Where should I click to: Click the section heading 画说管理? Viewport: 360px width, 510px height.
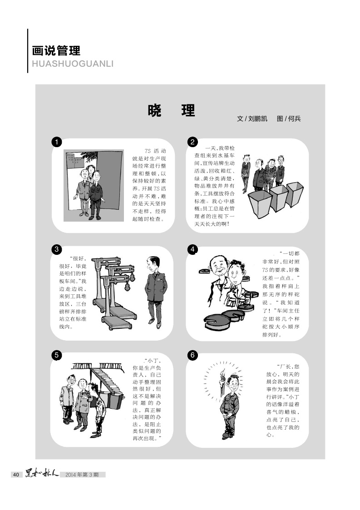pos(56,51)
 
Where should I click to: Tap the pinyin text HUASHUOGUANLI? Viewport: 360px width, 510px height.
pos(73,64)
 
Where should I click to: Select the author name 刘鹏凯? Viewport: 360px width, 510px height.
pos(257,119)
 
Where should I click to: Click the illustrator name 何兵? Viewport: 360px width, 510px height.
pos(294,119)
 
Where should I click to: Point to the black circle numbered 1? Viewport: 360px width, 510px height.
pos(57,142)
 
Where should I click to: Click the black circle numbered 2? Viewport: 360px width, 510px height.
pos(192,142)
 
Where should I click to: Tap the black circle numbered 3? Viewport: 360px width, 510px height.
pos(57,249)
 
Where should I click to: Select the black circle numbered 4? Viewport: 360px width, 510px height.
pos(192,249)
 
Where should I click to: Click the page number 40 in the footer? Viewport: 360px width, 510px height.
pos(16,475)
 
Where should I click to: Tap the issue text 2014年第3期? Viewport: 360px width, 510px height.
pos(82,475)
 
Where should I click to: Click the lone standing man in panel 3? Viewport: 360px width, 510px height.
pos(156,292)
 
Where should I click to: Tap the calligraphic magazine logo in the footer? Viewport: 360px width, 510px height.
pos(42,474)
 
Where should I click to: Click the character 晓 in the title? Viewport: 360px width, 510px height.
pos(154,111)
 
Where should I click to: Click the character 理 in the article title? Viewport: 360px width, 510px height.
pos(188,111)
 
